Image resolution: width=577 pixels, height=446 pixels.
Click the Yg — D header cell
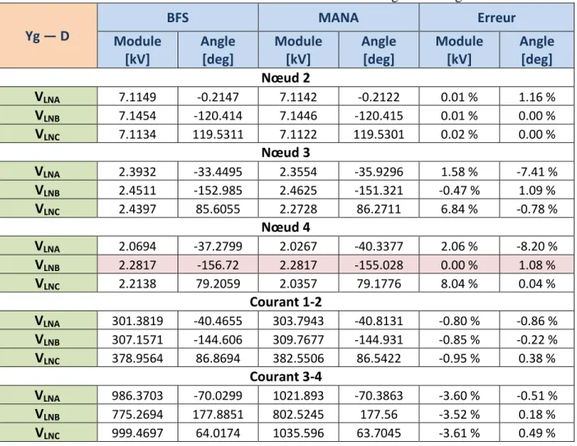(x=48, y=36)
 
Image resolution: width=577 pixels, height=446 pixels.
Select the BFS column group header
(x=178, y=17)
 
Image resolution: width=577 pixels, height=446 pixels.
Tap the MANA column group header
(x=339, y=17)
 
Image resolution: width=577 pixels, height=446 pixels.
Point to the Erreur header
(x=496, y=17)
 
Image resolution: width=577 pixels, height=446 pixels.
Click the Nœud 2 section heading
(x=285, y=78)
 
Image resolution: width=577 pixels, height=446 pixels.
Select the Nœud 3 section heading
(x=285, y=153)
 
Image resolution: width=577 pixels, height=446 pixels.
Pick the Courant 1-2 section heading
(x=285, y=302)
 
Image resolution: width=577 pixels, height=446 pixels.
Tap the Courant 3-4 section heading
(x=285, y=376)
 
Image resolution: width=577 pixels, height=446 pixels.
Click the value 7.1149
(x=137, y=97)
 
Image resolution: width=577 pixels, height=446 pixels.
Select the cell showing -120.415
(x=379, y=116)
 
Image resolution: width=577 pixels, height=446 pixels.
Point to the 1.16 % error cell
(x=537, y=97)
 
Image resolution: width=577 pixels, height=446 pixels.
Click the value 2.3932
(x=137, y=172)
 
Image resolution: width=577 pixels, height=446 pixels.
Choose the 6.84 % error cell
(x=459, y=209)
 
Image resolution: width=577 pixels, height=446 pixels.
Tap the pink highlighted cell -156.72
(x=218, y=265)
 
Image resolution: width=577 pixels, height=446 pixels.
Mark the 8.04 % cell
(x=459, y=284)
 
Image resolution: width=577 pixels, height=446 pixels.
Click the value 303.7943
(x=298, y=321)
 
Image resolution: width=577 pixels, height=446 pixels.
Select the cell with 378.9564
(x=137, y=358)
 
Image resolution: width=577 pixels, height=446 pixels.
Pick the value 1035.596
(x=298, y=433)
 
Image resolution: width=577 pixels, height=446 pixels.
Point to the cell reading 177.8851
(x=218, y=415)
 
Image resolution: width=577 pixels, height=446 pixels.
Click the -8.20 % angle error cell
(x=537, y=246)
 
